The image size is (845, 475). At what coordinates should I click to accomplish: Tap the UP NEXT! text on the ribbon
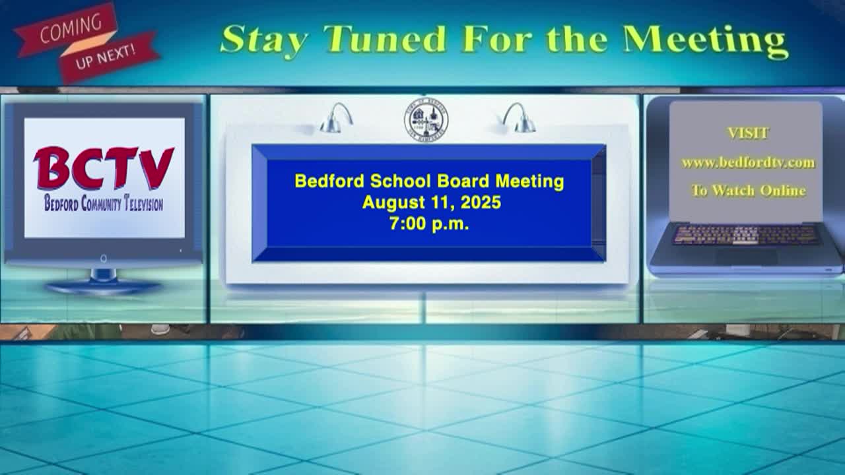pyautogui.click(x=105, y=56)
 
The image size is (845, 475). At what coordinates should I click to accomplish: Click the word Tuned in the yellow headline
pyautogui.click(x=385, y=39)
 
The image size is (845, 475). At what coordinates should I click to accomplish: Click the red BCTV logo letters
pyautogui.click(x=104, y=168)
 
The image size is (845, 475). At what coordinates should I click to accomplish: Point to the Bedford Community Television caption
pyautogui.click(x=104, y=203)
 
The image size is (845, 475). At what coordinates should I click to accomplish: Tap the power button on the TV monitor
pyautogui.click(x=104, y=259)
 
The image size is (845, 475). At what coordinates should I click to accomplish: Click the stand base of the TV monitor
pyautogui.click(x=104, y=286)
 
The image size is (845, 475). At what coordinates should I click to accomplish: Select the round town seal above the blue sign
pyautogui.click(x=426, y=120)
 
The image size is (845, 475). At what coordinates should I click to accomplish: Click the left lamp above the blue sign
pyautogui.click(x=336, y=118)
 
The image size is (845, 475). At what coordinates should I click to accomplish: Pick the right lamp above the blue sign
pyautogui.click(x=519, y=118)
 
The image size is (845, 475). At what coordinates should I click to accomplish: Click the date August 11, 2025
pyautogui.click(x=432, y=203)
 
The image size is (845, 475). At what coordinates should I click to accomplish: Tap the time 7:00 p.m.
pyautogui.click(x=429, y=224)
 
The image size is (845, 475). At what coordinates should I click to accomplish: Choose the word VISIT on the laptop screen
pyautogui.click(x=747, y=133)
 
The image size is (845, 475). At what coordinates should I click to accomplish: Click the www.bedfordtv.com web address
pyautogui.click(x=748, y=163)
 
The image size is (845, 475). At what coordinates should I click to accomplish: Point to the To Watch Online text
pyautogui.click(x=749, y=191)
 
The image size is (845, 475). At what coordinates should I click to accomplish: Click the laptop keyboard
pyautogui.click(x=746, y=234)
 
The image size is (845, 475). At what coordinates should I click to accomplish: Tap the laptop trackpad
pyautogui.click(x=746, y=257)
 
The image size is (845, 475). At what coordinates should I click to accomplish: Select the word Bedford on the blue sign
pyautogui.click(x=329, y=181)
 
